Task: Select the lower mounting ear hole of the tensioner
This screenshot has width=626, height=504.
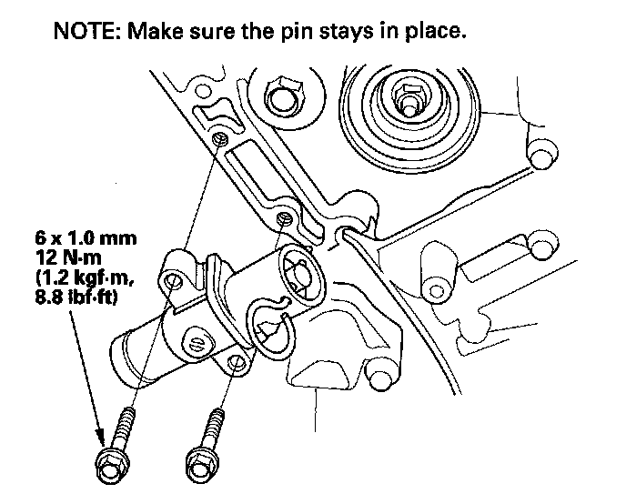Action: [235, 364]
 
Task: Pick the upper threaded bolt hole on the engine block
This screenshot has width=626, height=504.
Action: [221, 138]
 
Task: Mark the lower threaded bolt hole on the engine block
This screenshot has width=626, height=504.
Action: [285, 218]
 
